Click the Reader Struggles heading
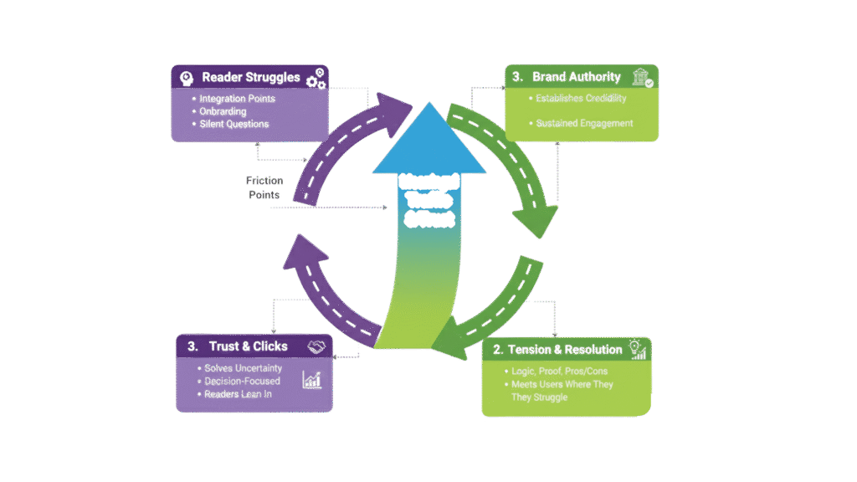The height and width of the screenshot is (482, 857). point(250,78)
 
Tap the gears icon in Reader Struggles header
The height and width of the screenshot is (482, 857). point(316,79)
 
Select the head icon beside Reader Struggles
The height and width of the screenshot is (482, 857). point(187,78)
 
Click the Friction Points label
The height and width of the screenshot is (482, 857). point(264,187)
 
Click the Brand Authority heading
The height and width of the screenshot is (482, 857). point(577,77)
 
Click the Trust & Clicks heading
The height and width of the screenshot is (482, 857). point(249,346)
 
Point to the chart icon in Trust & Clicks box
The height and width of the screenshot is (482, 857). point(312,381)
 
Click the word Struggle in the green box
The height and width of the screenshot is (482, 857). point(548,397)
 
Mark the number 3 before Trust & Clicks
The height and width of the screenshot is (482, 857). point(192,346)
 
